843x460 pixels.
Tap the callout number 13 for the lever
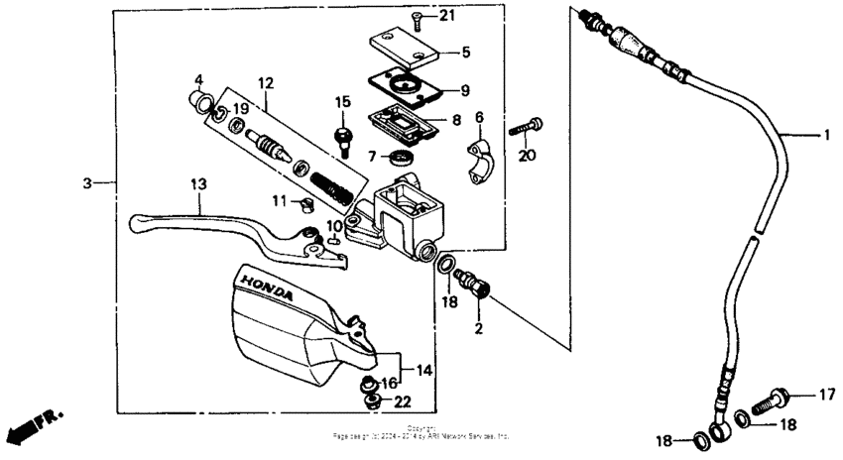197,183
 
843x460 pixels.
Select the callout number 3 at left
87,183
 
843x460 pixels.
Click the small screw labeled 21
418,19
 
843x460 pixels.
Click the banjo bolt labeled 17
774,402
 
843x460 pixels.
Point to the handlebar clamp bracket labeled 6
480,162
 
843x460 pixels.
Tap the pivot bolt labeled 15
344,137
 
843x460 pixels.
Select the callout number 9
464,91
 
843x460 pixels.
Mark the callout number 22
403,402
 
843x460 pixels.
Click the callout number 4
198,79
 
